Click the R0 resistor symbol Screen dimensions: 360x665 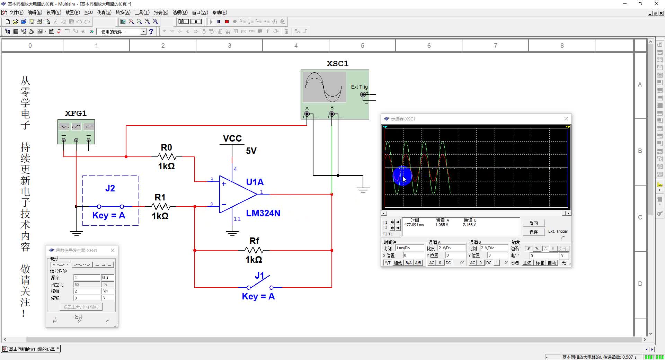tap(167, 157)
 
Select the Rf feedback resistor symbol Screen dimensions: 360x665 tap(254, 250)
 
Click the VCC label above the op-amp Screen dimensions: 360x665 tap(232, 138)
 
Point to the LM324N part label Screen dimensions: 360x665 tap(263, 213)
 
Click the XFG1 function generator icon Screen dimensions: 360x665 tap(76, 132)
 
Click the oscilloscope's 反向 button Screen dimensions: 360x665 tap(533, 223)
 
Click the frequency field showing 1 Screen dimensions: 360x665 tap(87, 278)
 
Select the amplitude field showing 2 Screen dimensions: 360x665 tap(87, 291)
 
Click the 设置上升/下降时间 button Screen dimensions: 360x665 tap(81, 307)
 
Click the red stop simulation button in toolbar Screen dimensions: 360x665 tap(227, 21)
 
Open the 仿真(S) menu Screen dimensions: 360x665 tap(104, 12)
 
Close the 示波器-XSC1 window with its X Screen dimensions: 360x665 tap(566, 119)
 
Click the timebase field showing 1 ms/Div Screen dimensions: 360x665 tap(410, 248)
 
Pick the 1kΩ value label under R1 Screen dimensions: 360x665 tap(160, 216)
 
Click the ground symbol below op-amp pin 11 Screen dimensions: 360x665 tap(232, 233)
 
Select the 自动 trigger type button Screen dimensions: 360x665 tap(552, 263)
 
